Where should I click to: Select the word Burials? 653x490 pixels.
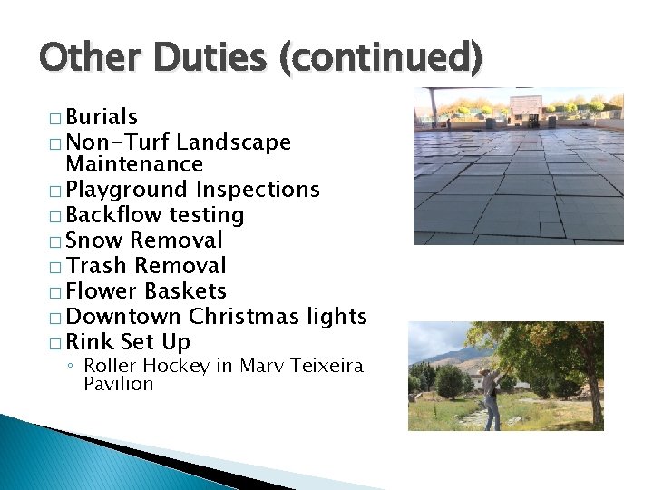coord(102,117)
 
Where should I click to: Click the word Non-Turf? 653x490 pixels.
coord(118,142)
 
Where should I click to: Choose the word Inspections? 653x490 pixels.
coord(258,190)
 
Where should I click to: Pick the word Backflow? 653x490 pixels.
coord(114,215)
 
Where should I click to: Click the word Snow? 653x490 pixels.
coord(94,240)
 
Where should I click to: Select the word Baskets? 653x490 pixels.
coord(185,291)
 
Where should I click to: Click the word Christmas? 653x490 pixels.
coord(243,317)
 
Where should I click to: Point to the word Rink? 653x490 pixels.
coord(90,342)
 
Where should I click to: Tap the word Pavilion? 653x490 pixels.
coord(118,384)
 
